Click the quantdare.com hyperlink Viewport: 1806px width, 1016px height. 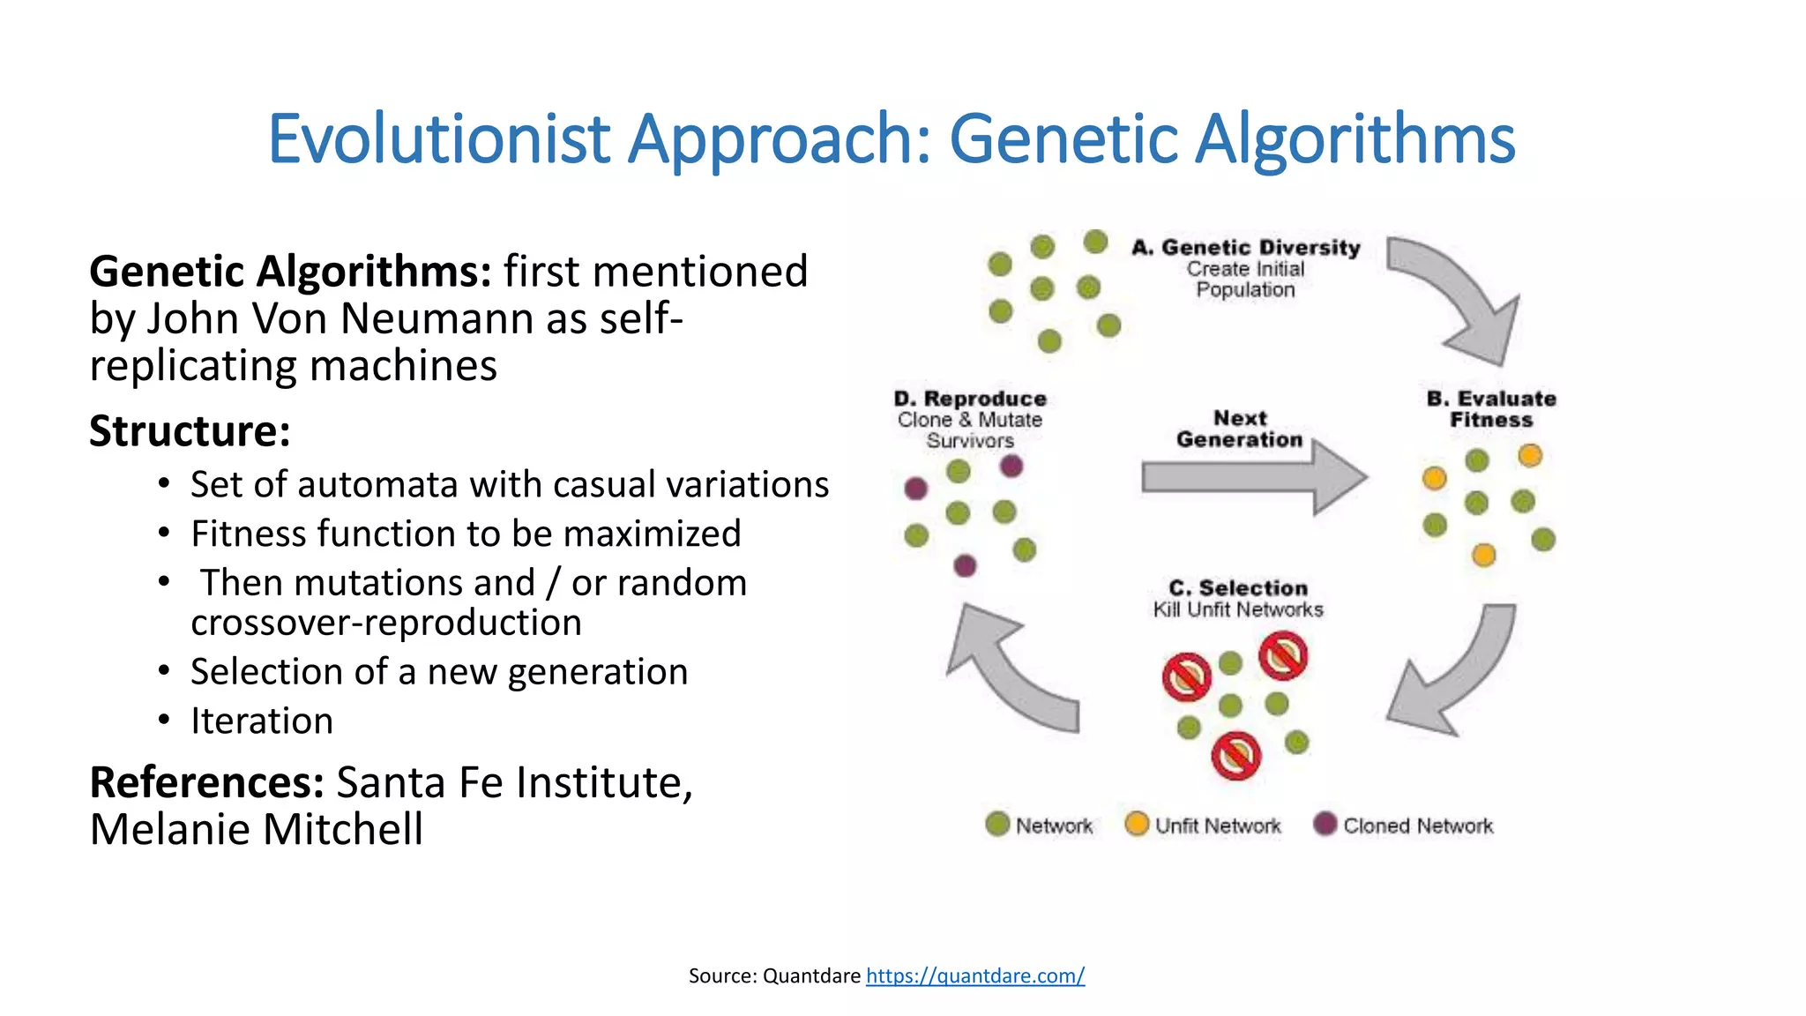pyautogui.click(x=974, y=975)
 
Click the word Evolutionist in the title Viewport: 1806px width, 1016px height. pyautogui.click(x=438, y=139)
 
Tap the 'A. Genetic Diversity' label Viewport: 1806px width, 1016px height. pyautogui.click(x=1245, y=248)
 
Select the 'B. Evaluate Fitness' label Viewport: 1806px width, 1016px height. pyautogui.click(x=1491, y=409)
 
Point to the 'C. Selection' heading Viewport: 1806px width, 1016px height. pyautogui.click(x=1237, y=588)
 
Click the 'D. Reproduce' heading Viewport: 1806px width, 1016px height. pyautogui.click(x=970, y=399)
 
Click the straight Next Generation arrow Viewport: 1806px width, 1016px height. pyautogui.click(x=1252, y=477)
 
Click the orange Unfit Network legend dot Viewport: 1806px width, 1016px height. pyautogui.click(x=1137, y=824)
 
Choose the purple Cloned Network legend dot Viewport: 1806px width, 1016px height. pyautogui.click(x=1325, y=824)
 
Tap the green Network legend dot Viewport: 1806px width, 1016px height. pyautogui.click(x=997, y=824)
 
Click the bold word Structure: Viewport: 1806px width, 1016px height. pyautogui.click(x=190, y=431)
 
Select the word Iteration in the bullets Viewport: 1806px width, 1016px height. pyautogui.click(x=262, y=721)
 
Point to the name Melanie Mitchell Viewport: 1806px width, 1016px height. pyautogui.click(x=256, y=829)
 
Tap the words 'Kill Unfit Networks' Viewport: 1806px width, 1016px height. pyautogui.click(x=1237, y=609)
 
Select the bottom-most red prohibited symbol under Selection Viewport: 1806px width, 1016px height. pyautogui.click(x=1235, y=756)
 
